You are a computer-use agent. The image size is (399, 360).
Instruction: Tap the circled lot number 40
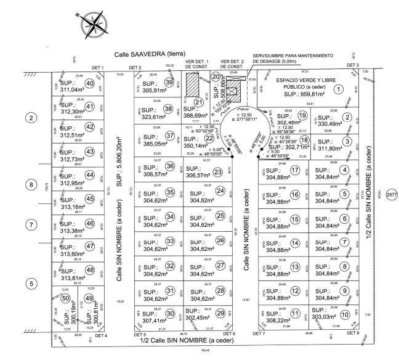pos(89,84)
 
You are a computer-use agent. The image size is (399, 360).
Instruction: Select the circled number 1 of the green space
pos(338,88)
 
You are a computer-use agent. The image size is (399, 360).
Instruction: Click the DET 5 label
pos(140,335)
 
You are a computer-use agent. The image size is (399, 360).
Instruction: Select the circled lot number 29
pos(220,313)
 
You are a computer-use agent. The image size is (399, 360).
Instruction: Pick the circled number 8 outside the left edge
pos(29,184)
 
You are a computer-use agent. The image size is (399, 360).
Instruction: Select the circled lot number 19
pos(302,115)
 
